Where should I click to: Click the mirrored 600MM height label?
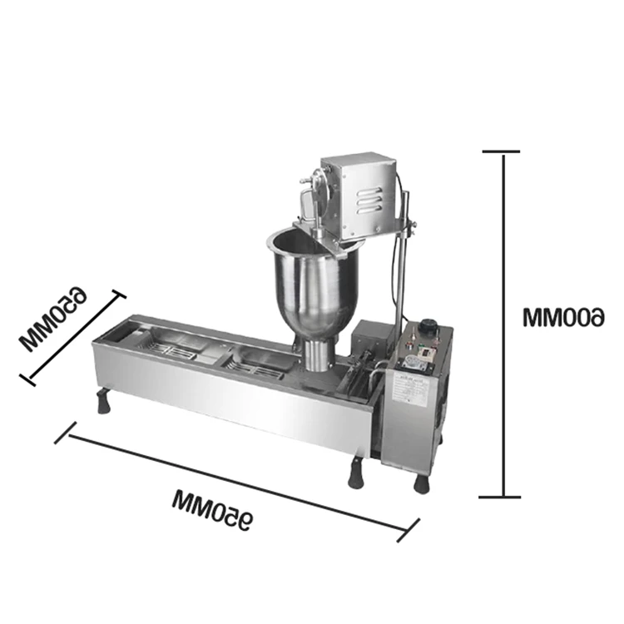(x=563, y=317)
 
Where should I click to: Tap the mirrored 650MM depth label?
(x=53, y=319)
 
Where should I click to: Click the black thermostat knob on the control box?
(x=429, y=325)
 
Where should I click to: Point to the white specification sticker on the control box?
(x=409, y=391)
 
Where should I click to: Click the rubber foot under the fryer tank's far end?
(x=103, y=402)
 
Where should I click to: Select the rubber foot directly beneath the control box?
(x=422, y=483)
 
